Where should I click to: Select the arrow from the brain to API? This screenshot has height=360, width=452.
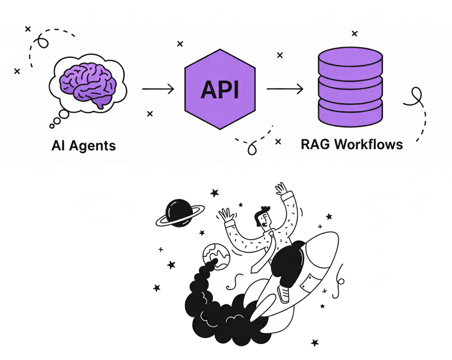click(x=158, y=89)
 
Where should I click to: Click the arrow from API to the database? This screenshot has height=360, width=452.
click(x=284, y=89)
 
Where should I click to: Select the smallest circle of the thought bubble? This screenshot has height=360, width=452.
click(x=52, y=125)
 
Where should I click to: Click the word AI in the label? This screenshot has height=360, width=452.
click(x=58, y=146)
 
